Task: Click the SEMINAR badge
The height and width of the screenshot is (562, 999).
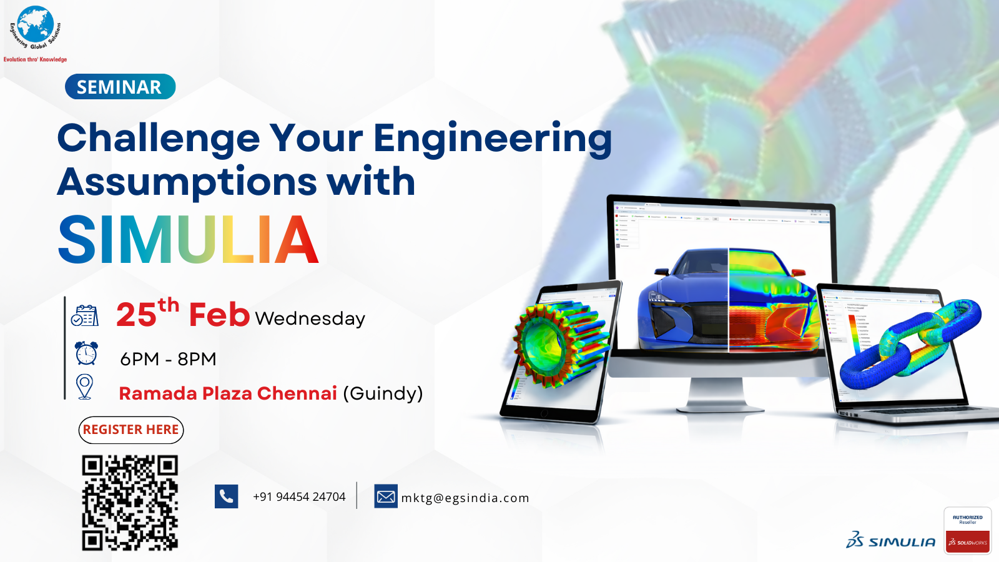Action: pyautogui.click(x=119, y=87)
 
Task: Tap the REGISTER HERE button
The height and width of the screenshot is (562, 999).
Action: pyautogui.click(x=131, y=430)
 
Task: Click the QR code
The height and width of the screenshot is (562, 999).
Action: pyautogui.click(x=130, y=503)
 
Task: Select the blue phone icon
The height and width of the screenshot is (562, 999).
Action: pyautogui.click(x=226, y=496)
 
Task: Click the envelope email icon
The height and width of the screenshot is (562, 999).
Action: pyautogui.click(x=386, y=496)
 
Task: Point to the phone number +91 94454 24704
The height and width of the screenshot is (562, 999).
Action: pyautogui.click(x=299, y=497)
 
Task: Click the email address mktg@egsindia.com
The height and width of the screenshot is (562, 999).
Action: pyautogui.click(x=465, y=498)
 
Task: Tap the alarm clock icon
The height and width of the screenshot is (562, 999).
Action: pyautogui.click(x=86, y=353)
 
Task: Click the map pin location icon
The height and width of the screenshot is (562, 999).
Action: pyautogui.click(x=85, y=387)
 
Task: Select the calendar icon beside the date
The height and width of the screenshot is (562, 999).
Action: pyautogui.click(x=85, y=316)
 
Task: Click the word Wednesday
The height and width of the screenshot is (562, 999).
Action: pyautogui.click(x=310, y=319)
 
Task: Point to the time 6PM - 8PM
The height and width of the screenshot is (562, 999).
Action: pyautogui.click(x=168, y=359)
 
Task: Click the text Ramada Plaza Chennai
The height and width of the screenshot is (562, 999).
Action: pyautogui.click(x=228, y=393)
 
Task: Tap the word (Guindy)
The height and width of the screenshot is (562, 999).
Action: pyautogui.click(x=383, y=393)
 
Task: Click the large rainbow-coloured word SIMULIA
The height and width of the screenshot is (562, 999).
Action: pyautogui.click(x=188, y=240)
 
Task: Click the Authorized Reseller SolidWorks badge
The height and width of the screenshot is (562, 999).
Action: pyautogui.click(x=967, y=531)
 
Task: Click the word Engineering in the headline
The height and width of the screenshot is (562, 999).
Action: pyautogui.click(x=492, y=139)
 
